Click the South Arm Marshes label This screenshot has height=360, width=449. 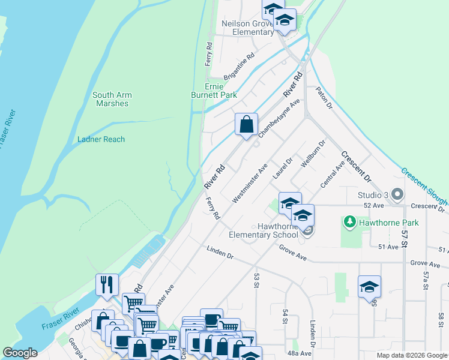(x=112, y=99)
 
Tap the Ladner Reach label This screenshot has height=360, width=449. (x=101, y=139)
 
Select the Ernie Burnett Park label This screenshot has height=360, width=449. (x=214, y=91)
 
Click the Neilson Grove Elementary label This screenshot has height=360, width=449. (x=248, y=28)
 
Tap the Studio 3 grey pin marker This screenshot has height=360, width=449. (x=397, y=195)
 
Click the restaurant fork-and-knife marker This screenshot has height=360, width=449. (x=107, y=284)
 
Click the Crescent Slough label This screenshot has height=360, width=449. (x=424, y=184)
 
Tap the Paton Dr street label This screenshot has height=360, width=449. (x=324, y=98)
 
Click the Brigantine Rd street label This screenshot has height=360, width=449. (x=239, y=67)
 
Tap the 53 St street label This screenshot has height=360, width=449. (x=256, y=279)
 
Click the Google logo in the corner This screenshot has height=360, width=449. (x=20, y=353)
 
